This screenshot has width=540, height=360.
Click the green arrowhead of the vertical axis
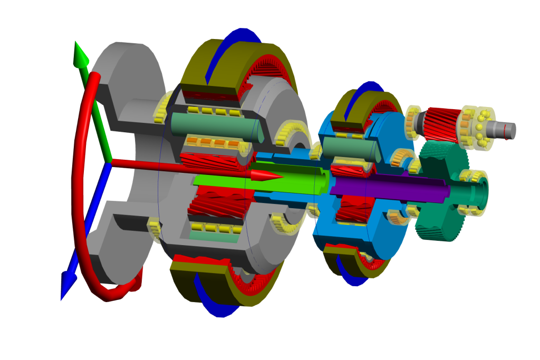pyautogui.click(x=80, y=55)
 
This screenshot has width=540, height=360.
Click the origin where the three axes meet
pyautogui.click(x=109, y=162)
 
